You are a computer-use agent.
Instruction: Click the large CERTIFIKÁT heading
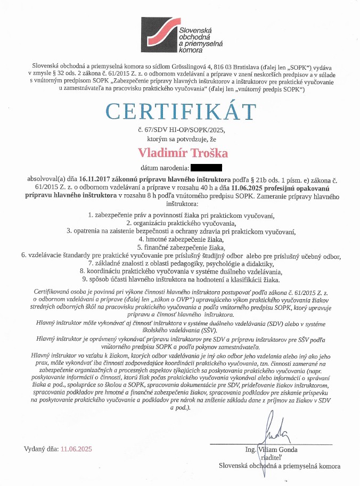(x=179, y=111)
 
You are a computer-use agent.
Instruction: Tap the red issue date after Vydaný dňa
(x=77, y=449)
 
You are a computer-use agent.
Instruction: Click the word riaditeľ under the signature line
(x=271, y=457)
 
